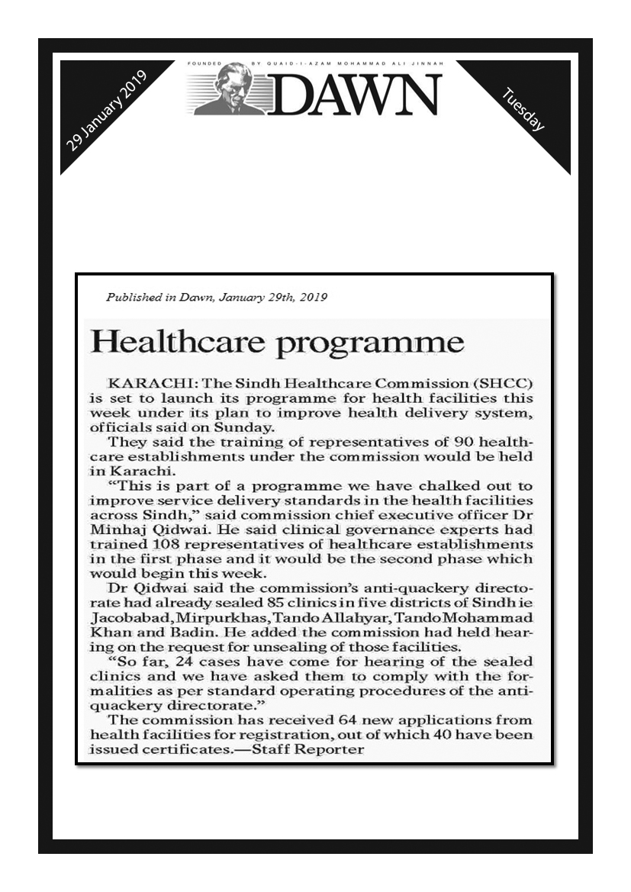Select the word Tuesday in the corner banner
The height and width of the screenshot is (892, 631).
[524, 109]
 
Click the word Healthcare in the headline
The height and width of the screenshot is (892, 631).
[176, 341]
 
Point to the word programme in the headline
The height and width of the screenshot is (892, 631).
[369, 343]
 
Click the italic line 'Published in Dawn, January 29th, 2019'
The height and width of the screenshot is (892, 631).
[217, 298]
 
